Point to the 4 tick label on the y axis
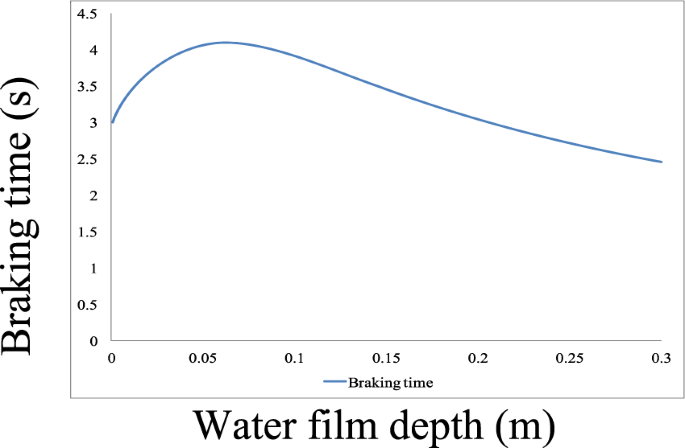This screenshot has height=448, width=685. click(92, 50)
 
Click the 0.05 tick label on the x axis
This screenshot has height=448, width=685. click(203, 358)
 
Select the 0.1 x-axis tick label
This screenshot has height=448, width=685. click(295, 358)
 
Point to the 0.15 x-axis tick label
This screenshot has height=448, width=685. click(386, 358)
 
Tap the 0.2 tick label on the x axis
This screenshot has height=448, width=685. click(478, 358)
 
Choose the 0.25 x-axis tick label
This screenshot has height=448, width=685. click(569, 358)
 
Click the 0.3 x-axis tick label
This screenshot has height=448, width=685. click(661, 358)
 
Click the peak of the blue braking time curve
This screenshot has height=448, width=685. click(225, 42)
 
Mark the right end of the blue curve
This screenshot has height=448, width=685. click(661, 162)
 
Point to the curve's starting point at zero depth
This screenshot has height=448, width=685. click(112, 123)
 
